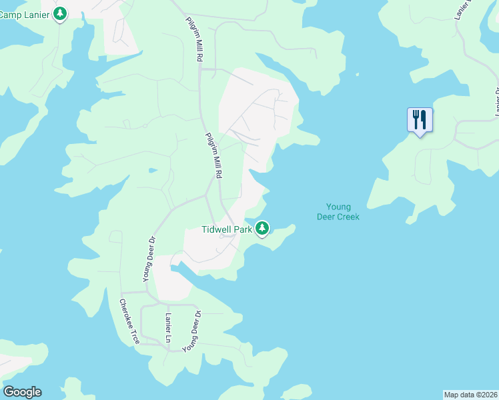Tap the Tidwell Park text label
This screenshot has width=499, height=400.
coord(227,229)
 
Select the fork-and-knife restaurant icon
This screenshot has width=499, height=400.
coord(420,120)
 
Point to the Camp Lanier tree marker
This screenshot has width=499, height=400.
coord(60,13)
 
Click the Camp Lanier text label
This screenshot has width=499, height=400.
coord(25,14)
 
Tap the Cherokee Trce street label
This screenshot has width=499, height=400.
coord(129,321)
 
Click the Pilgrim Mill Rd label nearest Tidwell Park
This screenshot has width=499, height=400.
coord(213,155)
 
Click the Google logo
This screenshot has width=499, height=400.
coord(22,392)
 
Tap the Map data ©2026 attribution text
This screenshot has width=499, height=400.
coord(470,394)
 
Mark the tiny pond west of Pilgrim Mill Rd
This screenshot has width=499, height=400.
coord(153,169)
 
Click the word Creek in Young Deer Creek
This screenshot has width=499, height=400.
coord(347,217)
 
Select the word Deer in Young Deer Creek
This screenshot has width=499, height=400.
coord(327,217)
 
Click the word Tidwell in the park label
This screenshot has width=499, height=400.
coord(216,229)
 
